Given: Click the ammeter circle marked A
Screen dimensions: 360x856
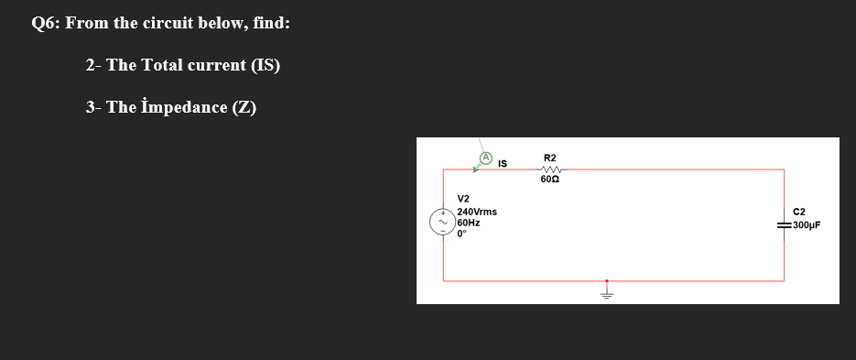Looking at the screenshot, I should point(487,158).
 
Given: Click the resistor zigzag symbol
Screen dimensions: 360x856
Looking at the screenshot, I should point(551,169).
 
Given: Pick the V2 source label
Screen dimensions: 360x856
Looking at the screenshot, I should point(463,199).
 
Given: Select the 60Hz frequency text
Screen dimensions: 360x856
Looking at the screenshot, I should point(468,223).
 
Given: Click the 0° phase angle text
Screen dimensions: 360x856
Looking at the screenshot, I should point(461,233).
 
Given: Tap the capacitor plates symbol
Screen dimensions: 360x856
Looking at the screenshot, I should point(785,224).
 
